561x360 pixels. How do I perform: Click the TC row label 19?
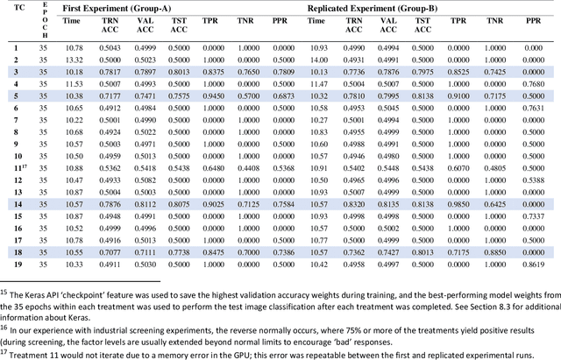click(x=16, y=262)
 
